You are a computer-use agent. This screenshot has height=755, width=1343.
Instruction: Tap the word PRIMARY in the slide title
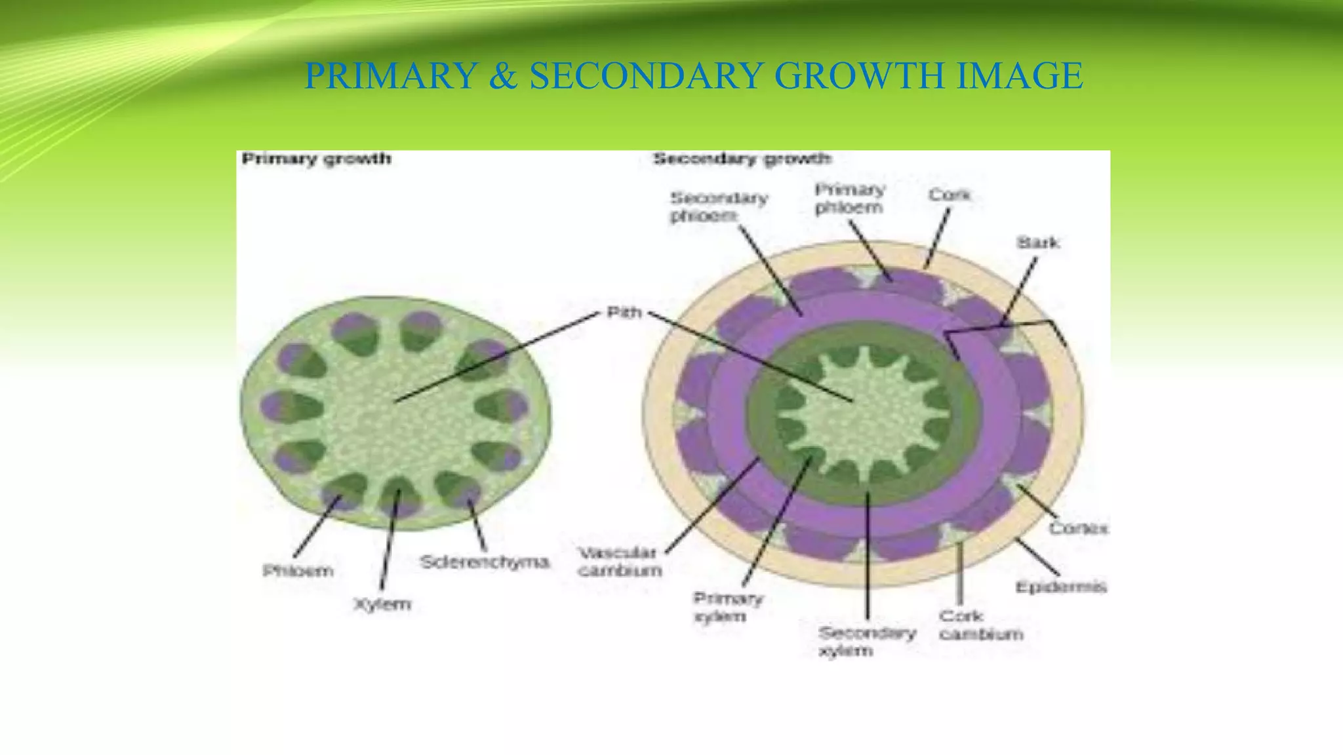tap(391, 75)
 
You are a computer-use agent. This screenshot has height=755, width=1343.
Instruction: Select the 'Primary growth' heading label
tap(316, 159)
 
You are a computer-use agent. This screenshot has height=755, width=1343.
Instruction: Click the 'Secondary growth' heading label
tap(742, 159)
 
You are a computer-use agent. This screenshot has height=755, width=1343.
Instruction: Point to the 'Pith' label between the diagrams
tap(624, 312)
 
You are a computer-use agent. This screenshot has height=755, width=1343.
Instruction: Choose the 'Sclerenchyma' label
tap(484, 562)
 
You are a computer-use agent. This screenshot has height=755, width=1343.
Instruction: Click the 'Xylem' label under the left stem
tap(382, 604)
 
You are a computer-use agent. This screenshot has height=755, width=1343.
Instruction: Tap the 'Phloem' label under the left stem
tap(298, 571)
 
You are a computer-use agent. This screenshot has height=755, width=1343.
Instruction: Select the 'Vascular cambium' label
tap(619, 562)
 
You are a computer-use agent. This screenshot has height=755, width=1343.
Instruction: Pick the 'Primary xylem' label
tap(728, 608)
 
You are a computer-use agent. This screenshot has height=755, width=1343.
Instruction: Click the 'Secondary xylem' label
tap(866, 642)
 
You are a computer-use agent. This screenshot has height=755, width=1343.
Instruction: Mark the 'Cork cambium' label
tap(980, 625)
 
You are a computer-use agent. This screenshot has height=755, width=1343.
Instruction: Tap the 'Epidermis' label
tap(1060, 587)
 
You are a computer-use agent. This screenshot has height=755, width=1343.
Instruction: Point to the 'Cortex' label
tap(1078, 528)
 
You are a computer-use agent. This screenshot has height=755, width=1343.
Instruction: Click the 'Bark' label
tap(1038, 242)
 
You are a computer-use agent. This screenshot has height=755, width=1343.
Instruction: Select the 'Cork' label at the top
tap(949, 195)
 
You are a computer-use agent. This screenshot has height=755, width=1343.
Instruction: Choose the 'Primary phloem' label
tap(850, 199)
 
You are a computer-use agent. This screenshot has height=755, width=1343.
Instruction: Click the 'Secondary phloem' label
tap(719, 206)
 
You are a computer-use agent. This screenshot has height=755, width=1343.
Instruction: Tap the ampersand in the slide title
tap(503, 75)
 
